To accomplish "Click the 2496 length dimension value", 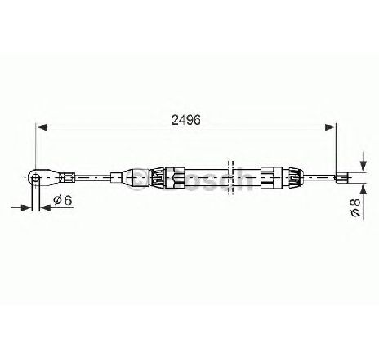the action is point(186,120).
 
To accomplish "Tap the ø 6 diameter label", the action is point(63,201).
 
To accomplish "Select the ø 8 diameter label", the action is point(355,208).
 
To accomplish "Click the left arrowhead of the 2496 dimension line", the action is point(42,127).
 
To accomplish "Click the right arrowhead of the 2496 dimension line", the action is point(330,127).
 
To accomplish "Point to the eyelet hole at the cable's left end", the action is point(36,178).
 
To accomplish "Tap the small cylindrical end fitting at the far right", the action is point(340,178).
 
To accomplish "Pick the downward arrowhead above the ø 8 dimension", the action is point(363,166).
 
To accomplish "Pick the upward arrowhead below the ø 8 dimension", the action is point(363,189).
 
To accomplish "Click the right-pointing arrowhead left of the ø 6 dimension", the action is point(26,207).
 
